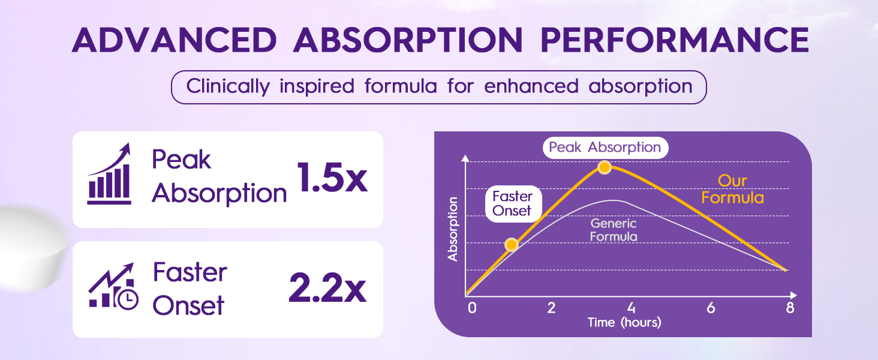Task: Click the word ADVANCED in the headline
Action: [x=175, y=40]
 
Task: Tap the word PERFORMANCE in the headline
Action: [x=675, y=40]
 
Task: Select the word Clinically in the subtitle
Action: [x=228, y=86]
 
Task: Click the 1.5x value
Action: [x=332, y=178]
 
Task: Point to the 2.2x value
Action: [x=327, y=288]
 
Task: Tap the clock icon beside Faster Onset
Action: [x=128, y=299]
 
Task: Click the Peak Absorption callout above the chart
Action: [x=605, y=148]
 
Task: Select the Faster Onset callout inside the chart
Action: [x=513, y=203]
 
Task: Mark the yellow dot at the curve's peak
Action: [x=605, y=167]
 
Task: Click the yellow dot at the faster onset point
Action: [x=511, y=244]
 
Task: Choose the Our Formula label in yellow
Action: [x=732, y=190]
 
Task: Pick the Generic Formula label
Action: [x=614, y=230]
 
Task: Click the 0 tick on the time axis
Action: [x=472, y=308]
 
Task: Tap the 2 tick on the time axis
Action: [x=552, y=308]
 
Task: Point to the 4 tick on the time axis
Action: [x=631, y=308]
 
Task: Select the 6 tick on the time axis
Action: [x=711, y=308]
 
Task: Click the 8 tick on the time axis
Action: [x=790, y=308]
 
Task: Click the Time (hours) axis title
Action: [x=624, y=323]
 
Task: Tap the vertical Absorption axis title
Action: [x=453, y=229]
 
